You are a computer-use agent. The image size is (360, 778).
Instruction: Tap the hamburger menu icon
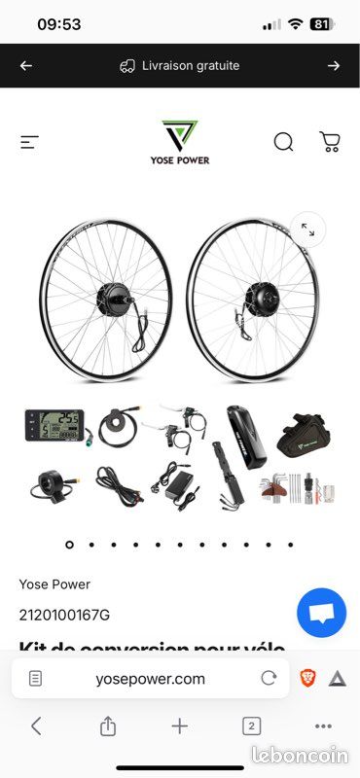(x=29, y=142)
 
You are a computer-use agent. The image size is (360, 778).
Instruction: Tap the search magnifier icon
(x=283, y=142)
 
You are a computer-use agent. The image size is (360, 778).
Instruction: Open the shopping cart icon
(x=330, y=142)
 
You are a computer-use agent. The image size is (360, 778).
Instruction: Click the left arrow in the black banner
(x=26, y=66)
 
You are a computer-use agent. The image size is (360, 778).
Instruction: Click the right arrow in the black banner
(x=334, y=66)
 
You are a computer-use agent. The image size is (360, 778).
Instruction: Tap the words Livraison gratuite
(x=192, y=66)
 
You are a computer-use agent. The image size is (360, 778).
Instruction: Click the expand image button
(x=307, y=230)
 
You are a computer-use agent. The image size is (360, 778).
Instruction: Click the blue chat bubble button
(x=322, y=613)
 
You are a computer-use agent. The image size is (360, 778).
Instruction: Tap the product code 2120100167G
(x=64, y=615)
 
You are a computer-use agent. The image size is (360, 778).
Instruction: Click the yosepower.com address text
(x=150, y=679)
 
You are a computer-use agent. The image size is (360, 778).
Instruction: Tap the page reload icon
(x=269, y=679)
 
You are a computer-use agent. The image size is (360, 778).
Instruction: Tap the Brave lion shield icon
(x=307, y=679)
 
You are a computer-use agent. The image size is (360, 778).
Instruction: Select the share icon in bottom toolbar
(x=108, y=725)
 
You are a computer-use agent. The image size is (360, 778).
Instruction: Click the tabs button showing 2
(x=251, y=725)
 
